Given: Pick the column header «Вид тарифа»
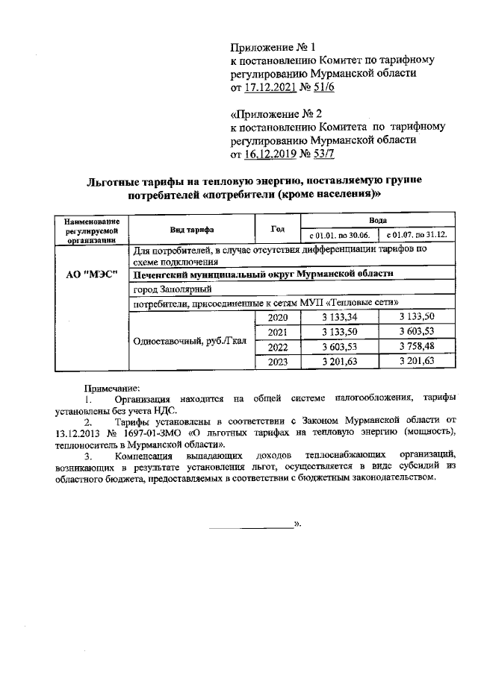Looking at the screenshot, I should (191, 229).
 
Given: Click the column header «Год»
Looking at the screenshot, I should (277, 228).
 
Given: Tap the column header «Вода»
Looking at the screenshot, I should (377, 222).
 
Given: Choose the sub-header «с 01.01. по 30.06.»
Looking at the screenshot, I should (339, 236).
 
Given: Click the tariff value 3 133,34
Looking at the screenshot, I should (339, 318).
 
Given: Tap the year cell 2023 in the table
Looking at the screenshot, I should (277, 362).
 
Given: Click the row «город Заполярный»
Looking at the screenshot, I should (170, 289).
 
